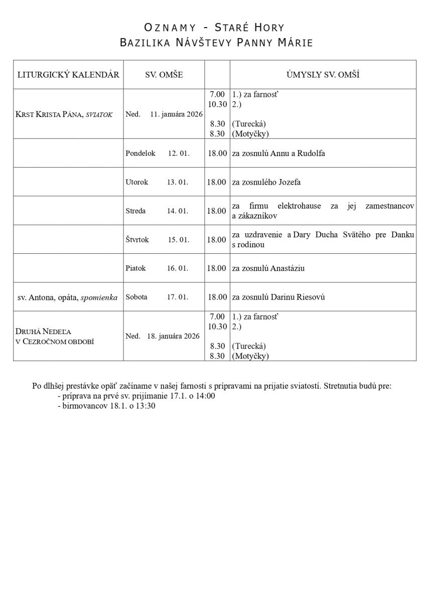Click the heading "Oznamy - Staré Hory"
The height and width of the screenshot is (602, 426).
214,27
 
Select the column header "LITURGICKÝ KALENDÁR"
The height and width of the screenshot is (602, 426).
68,75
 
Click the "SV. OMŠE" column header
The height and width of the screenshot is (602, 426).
164,75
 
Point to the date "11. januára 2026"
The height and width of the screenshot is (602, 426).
176,114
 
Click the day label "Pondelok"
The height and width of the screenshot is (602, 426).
140,153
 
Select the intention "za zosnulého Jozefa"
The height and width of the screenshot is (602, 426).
266,182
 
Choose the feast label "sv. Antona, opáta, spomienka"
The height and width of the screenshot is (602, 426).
68,297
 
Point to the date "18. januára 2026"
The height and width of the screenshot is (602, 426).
173,336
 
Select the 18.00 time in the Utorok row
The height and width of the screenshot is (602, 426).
217,182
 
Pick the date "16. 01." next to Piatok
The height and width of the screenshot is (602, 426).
177,268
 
